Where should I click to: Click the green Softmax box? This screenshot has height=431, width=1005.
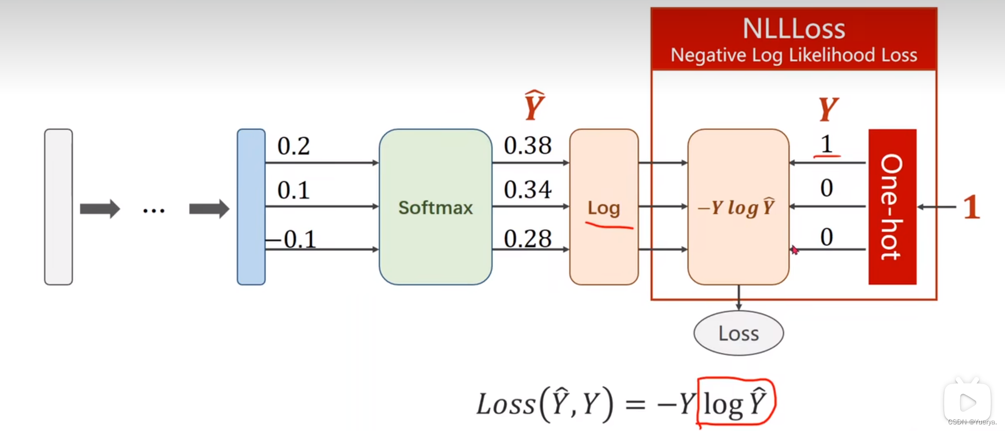coord(435,207)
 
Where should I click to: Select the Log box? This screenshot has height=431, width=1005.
coord(604,207)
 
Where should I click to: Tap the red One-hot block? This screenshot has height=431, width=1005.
coord(892,207)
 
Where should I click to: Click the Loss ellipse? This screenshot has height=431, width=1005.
coord(738,333)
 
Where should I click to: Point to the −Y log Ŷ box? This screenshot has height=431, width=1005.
coord(738,207)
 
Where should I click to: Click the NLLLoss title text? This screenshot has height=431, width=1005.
coord(794,29)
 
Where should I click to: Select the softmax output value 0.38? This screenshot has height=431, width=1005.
coord(527,145)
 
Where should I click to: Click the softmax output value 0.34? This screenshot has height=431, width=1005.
coord(527,189)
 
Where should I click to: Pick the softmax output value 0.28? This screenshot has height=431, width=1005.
coord(527,238)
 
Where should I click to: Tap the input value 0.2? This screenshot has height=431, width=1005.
coord(293,146)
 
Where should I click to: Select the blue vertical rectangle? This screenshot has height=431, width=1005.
coord(251,207)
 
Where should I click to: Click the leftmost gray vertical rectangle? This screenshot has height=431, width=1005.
coord(59,207)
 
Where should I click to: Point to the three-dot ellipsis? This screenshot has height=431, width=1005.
coord(154,210)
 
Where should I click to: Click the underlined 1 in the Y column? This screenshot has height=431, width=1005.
coord(826,145)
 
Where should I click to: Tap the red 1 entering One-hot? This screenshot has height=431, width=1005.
coord(971,207)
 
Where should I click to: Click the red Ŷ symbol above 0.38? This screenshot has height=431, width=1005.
coord(534,105)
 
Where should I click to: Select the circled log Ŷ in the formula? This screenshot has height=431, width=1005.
coord(736,403)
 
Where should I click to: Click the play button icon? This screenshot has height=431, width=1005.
coord(967,402)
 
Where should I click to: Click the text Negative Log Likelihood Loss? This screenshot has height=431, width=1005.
coord(794,55)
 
